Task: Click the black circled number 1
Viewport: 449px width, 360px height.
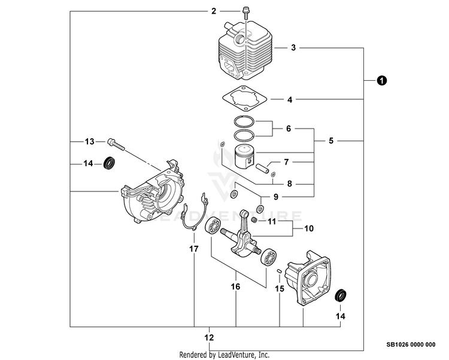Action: pos(381,80)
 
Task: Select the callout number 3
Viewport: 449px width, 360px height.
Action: pos(293,47)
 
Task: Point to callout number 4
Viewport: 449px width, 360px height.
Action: pos(290,100)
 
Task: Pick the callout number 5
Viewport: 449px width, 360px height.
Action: pos(331,141)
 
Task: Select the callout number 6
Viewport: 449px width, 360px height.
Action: pos(288,129)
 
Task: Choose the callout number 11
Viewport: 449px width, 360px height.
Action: pos(271,222)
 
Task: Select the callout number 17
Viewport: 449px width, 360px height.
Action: pos(193,248)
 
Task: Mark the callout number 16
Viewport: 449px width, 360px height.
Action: pos(236,287)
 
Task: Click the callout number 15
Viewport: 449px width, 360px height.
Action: pos(280,289)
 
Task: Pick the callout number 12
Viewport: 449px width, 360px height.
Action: pos(209,338)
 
